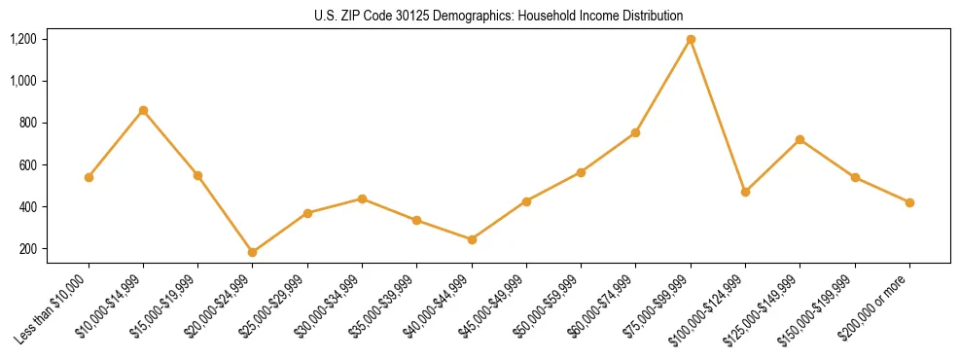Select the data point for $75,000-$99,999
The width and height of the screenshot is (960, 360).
(691, 39)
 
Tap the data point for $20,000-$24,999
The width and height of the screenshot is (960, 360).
(253, 252)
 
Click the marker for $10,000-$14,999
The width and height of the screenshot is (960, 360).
(143, 110)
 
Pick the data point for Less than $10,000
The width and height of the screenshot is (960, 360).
(89, 177)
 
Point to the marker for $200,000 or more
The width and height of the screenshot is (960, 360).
(909, 202)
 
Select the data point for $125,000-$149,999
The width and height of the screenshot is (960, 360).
(800, 139)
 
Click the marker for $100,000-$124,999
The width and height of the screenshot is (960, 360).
(745, 192)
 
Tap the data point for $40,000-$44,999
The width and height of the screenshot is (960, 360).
(472, 239)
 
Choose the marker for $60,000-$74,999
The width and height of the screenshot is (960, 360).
(636, 132)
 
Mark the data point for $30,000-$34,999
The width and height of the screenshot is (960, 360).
(362, 198)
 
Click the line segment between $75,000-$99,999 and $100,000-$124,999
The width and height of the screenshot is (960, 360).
(718, 116)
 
